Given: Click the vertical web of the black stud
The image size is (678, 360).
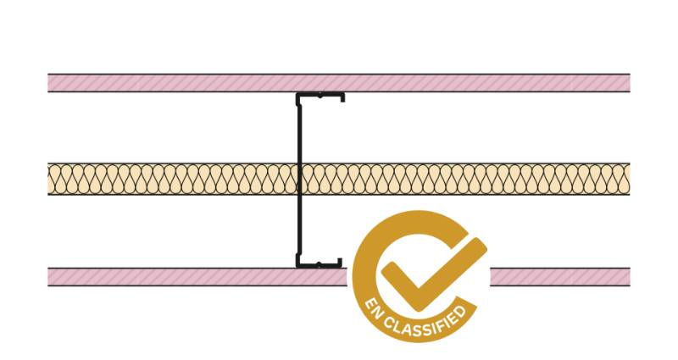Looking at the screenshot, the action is [x=299, y=180].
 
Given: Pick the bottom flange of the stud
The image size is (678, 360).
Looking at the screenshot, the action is [x=320, y=264].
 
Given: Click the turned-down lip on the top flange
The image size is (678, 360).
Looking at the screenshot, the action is [x=342, y=97].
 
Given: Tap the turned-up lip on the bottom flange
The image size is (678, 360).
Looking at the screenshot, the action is [x=341, y=263].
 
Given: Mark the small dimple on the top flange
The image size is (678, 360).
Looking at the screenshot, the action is [x=320, y=96].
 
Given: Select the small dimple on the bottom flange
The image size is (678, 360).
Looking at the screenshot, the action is [x=319, y=263].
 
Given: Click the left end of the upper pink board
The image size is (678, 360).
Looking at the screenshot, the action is [x=48, y=83].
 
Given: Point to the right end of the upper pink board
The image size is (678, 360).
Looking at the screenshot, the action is [x=630, y=83].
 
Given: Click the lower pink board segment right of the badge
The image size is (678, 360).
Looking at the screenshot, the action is [x=560, y=277].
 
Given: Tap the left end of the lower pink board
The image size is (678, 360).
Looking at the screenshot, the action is [x=48, y=277].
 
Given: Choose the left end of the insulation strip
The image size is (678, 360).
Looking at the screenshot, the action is [x=48, y=180].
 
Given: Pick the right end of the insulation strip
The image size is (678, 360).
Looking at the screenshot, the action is [x=630, y=180].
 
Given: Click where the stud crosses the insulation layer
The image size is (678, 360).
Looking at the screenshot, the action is [x=299, y=180].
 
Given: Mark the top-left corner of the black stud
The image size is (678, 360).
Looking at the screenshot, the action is [x=297, y=93].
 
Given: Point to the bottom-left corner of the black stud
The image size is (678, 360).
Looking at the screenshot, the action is [x=297, y=267].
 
